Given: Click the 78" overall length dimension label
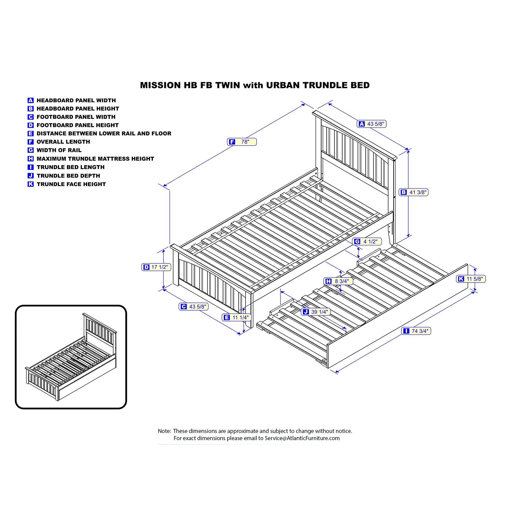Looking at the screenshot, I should point(242,142).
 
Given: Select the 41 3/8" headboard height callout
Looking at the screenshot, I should point(413,193).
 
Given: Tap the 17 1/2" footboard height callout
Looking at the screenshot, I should point(156,267).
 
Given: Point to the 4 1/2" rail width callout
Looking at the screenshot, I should point(367,241).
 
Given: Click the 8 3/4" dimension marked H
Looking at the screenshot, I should point(338,282).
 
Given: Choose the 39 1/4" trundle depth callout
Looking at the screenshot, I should point(316,312).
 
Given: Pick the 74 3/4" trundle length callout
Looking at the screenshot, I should point(416,331).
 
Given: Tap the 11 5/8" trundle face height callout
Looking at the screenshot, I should point(471,279).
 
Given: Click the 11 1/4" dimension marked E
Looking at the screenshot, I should point(237,317).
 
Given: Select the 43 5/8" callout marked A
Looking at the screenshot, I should point(372,124).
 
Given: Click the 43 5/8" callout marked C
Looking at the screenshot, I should point(194,307).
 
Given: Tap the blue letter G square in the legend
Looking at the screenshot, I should point(31,150).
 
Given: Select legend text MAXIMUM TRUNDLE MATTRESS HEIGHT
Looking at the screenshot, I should point(95,159).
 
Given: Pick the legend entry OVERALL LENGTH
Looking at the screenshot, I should point(63,142).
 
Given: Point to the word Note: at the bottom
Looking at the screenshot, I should point(164,431).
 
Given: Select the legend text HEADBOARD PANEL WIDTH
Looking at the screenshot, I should point(76,100).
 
